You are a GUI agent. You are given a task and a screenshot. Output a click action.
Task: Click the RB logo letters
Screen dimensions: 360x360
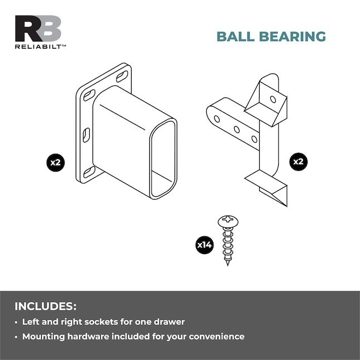tap(38, 28)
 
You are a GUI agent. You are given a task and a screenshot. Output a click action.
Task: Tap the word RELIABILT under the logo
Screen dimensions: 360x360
tap(38, 47)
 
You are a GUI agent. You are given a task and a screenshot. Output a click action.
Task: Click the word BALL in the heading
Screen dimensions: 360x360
tap(235, 37)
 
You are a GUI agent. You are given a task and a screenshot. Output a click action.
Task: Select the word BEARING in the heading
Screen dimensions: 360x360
tap(293, 37)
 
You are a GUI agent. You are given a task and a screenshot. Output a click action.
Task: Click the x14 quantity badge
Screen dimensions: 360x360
tap(205, 245)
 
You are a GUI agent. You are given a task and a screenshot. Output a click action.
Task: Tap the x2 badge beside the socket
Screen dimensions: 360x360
tap(56, 163)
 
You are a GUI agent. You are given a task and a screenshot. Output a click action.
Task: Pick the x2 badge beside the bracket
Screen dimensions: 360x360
tap(298, 162)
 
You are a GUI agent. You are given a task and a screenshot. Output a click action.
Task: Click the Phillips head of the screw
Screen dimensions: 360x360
tap(228, 221)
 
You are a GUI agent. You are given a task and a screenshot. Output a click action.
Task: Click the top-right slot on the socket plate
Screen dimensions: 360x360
tap(122, 76)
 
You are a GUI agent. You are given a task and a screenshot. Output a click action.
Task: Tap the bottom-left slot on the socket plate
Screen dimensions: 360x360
tap(89, 172)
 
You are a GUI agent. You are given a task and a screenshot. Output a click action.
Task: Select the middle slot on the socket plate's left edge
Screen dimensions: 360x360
tap(86, 135)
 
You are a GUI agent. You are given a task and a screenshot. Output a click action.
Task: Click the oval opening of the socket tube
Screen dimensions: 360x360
tap(163, 159)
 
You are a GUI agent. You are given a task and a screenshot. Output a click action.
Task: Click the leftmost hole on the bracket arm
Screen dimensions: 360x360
tap(217, 119)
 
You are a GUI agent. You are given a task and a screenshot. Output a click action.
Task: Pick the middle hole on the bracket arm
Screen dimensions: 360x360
tap(237, 129)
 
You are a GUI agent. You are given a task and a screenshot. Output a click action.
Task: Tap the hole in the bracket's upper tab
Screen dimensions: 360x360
tap(273, 99)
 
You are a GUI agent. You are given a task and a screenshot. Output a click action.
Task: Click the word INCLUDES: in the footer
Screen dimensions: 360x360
tap(46, 307)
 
